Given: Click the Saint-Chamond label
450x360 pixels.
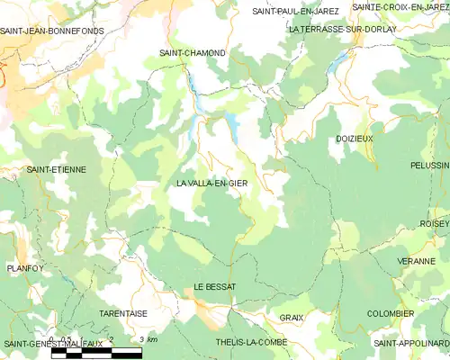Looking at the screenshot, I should [193, 53].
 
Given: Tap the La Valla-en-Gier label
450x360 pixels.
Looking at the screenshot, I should [212, 184].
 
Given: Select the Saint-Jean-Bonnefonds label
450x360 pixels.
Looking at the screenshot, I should [51, 31].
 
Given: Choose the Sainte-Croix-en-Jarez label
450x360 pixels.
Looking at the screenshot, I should [400, 7].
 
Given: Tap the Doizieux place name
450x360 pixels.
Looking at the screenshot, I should [354, 139].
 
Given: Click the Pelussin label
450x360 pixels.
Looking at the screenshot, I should [429, 166].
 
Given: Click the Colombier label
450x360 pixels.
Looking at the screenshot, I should [391, 313].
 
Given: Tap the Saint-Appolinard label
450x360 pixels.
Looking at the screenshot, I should [411, 344].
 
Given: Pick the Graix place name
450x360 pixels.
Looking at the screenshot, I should [291, 318].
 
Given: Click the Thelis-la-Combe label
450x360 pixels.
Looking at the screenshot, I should [250, 344].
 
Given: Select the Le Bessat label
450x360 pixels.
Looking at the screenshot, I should [214, 286].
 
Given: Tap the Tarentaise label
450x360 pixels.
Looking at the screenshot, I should [123, 313].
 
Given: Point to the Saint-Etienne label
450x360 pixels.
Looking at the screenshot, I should [56, 169].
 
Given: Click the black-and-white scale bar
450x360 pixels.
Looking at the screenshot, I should [96, 354].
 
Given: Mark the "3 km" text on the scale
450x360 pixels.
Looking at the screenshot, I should [148, 339].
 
